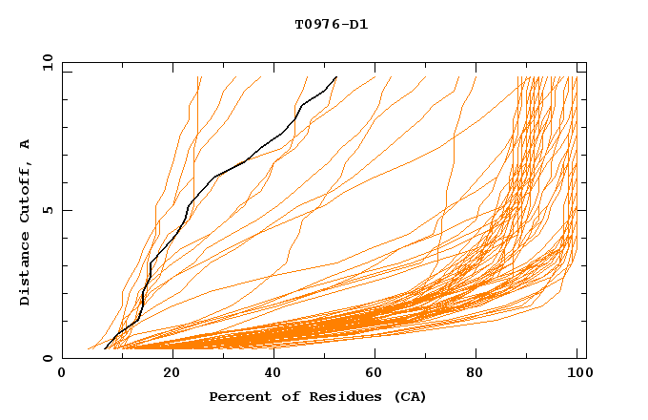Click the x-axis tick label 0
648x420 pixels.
coord(62,374)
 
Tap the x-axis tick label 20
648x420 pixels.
coord(172,374)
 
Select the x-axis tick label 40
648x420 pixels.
coord(274,374)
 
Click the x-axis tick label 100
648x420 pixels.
coord(577,374)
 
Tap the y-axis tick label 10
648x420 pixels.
coord(47,63)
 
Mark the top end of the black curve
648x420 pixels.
coord(336,76)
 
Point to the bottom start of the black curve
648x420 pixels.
coord(105,348)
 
